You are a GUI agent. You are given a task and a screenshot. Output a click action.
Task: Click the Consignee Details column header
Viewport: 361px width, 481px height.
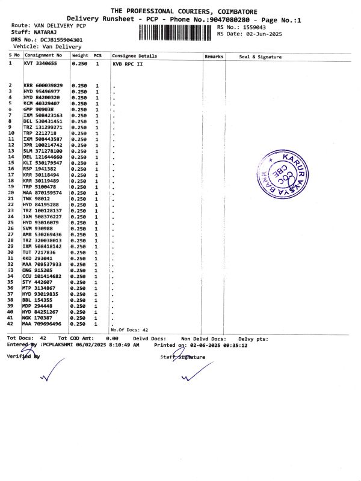tap(134, 56)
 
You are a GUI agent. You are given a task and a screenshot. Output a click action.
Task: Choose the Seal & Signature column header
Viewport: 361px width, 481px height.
tap(260, 57)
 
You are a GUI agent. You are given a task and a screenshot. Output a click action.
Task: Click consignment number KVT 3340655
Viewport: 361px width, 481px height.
tap(40, 63)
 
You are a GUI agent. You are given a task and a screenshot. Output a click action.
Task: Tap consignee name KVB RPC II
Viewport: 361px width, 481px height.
tap(129, 63)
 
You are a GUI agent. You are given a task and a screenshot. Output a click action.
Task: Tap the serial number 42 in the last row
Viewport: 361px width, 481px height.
tap(10, 323)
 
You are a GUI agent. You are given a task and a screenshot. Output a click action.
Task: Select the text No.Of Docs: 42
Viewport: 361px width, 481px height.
tap(129, 330)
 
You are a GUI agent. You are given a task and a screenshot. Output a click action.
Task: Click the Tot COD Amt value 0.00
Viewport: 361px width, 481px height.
tap(112, 339)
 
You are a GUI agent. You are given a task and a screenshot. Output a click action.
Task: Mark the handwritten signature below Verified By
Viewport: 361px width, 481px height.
tap(51, 370)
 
